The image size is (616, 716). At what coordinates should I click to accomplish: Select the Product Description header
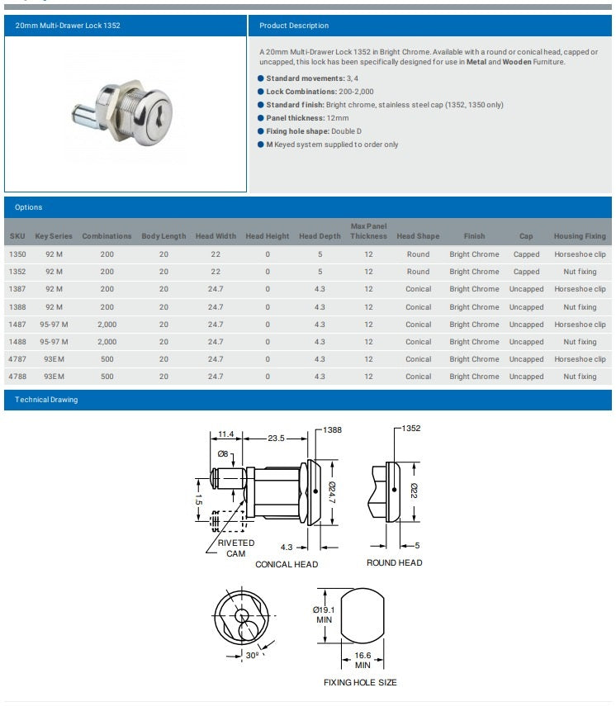294,26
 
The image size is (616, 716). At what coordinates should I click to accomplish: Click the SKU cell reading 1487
17,325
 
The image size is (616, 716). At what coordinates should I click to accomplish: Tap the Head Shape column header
418,236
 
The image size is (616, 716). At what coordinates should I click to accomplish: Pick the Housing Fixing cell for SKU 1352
580,272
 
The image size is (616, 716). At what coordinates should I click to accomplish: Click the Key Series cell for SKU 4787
54,359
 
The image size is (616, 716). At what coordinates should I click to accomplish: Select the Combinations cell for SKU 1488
107,342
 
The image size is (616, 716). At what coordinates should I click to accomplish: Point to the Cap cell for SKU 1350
526,254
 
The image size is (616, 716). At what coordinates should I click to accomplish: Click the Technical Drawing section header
46,400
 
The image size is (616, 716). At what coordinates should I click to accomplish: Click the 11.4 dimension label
226,434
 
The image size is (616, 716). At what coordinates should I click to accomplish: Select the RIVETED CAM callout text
236,548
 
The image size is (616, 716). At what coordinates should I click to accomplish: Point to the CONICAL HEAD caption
287,564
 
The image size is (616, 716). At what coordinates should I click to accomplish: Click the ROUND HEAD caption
394,562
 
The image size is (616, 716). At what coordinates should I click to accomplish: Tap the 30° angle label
252,655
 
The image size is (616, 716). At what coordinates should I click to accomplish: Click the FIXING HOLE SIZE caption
360,682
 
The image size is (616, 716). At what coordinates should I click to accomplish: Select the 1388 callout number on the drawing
332,429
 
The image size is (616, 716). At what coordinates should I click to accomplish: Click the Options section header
28,207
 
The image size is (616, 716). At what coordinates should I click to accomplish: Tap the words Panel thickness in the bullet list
295,118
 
